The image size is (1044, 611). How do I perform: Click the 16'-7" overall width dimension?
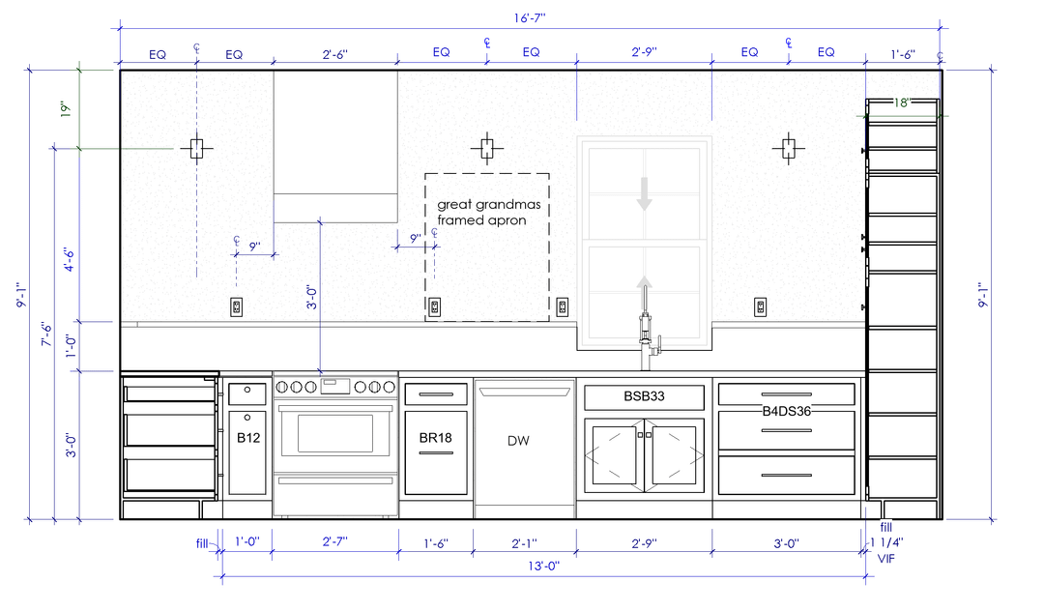pyautogui.click(x=530, y=18)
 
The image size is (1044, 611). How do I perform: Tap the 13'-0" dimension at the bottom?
pyautogui.click(x=544, y=566)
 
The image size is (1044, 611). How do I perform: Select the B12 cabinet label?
pyautogui.click(x=248, y=437)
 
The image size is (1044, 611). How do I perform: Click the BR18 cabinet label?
pyautogui.click(x=435, y=437)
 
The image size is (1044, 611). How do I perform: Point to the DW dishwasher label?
pyautogui.click(x=518, y=440)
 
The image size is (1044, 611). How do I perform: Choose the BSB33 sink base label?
pyautogui.click(x=644, y=396)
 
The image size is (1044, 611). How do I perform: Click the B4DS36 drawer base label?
pyautogui.click(x=786, y=411)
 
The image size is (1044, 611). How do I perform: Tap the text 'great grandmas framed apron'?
pyautogui.click(x=488, y=213)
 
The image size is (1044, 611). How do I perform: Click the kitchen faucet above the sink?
pyautogui.click(x=646, y=339)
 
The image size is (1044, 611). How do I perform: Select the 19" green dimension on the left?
pyautogui.click(x=66, y=109)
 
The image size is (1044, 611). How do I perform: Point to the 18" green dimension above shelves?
pyautogui.click(x=902, y=102)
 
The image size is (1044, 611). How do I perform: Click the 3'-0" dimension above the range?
pyautogui.click(x=311, y=297)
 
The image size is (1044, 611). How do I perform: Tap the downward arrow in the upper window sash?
pyautogui.click(x=644, y=193)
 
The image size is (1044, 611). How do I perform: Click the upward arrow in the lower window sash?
pyautogui.click(x=644, y=291)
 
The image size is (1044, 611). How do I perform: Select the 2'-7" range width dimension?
pyautogui.click(x=334, y=541)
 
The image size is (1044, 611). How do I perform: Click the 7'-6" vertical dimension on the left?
pyautogui.click(x=46, y=335)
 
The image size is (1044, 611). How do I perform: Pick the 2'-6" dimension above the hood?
pyautogui.click(x=334, y=54)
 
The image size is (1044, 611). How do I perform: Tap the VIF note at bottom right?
pyautogui.click(x=886, y=559)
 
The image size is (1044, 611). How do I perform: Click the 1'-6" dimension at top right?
pyautogui.click(x=903, y=54)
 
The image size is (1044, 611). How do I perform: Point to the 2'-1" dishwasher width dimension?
pyautogui.click(x=524, y=543)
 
